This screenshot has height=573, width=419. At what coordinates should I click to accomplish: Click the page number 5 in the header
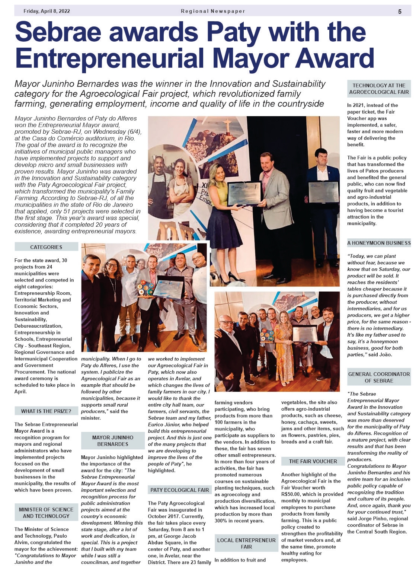tap(400, 11)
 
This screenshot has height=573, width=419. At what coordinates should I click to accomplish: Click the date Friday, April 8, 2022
tap(47, 11)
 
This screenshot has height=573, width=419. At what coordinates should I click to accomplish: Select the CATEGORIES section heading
tap(46, 247)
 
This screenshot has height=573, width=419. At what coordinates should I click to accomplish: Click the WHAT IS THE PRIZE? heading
tap(46, 411)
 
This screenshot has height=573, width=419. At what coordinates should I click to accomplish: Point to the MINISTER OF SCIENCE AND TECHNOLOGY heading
tap(46, 513)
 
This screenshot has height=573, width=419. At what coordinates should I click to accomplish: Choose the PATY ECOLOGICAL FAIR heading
tap(180, 490)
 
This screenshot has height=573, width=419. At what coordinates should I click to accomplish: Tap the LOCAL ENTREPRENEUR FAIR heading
tap(246, 543)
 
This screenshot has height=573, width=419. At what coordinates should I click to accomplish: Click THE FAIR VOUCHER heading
tap(313, 461)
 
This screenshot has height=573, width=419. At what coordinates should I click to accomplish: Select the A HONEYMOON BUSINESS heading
tap(379, 243)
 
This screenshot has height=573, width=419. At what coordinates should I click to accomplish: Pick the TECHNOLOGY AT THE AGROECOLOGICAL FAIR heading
tap(379, 89)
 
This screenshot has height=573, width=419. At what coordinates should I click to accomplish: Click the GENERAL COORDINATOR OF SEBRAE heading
tap(379, 377)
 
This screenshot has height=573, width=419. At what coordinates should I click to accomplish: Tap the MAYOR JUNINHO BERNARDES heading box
tap(113, 440)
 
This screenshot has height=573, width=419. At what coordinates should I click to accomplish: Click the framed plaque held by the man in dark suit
tap(323, 192)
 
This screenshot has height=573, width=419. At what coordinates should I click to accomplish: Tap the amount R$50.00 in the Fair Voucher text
tap(293, 494)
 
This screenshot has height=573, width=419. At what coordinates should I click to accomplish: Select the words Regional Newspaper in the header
tap(213, 11)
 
